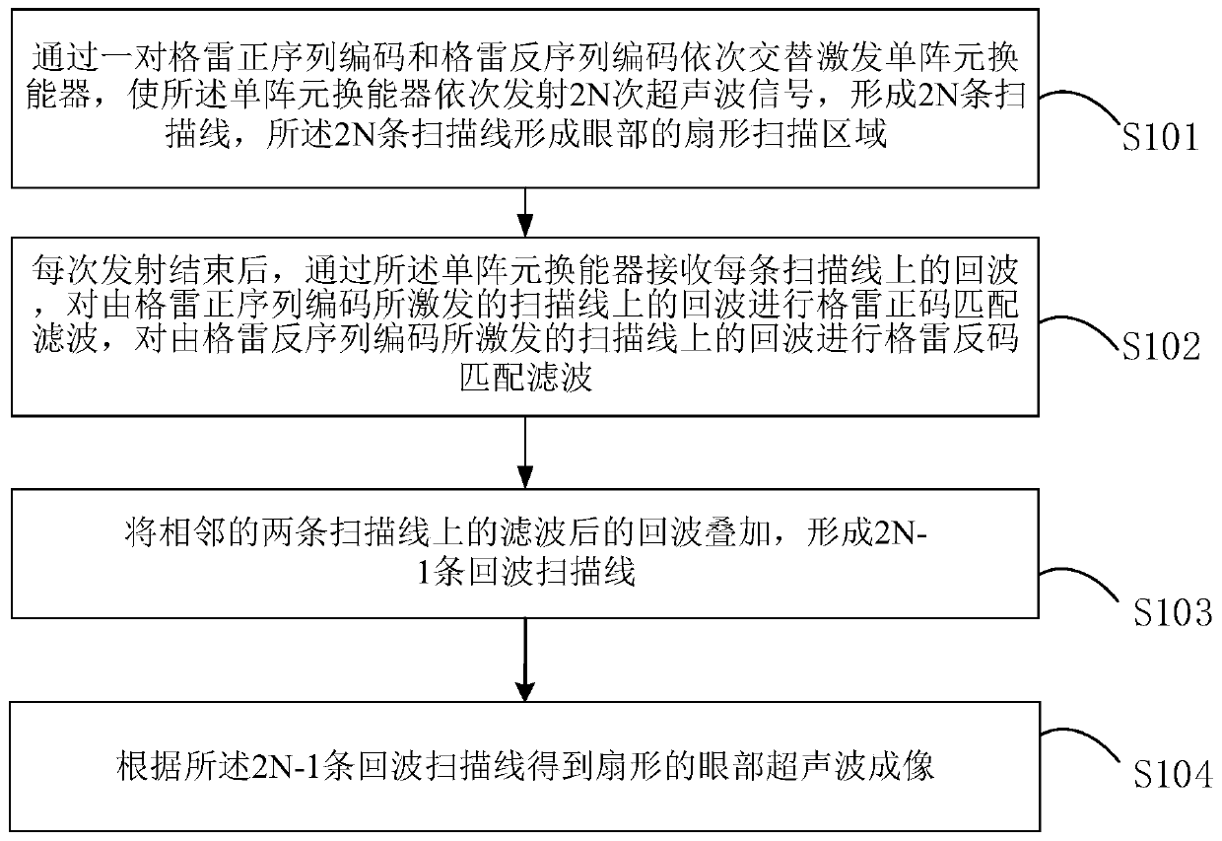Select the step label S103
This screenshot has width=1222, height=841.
click(1170, 612)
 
